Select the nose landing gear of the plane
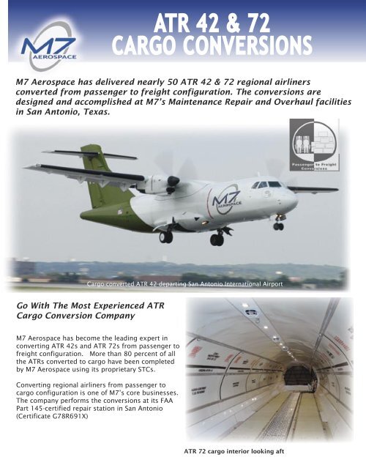click(279, 224)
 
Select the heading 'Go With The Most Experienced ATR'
click(84, 303)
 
